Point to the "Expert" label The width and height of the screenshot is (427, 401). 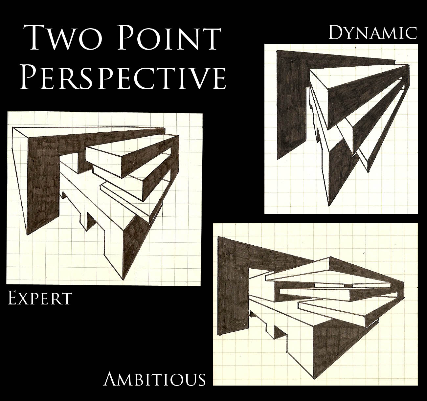(40, 299)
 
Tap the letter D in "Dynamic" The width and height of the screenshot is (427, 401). (335, 33)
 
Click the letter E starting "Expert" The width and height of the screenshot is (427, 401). (12, 299)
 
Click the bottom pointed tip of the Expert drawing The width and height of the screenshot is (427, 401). (123, 279)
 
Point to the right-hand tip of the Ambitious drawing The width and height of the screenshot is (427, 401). (404, 282)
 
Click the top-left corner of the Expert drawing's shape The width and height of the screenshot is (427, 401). (12, 128)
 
